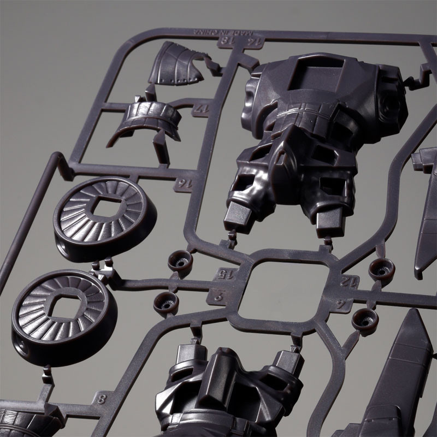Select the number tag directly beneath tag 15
pyautogui.click(x=217, y=298)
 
